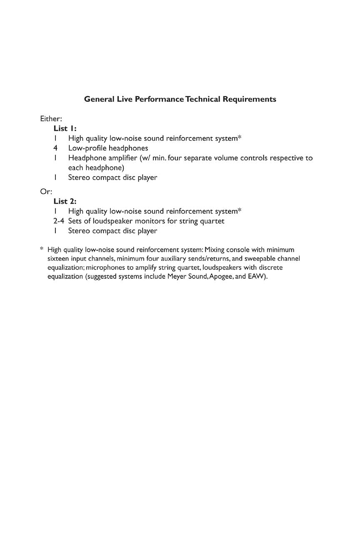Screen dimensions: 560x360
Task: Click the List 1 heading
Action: [x=65, y=128]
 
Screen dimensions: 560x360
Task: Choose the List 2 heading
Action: [x=65, y=201]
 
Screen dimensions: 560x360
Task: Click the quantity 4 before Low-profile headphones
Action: [x=55, y=148]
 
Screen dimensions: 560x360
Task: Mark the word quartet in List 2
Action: [x=212, y=221]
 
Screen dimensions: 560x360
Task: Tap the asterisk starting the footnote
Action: [x=42, y=249]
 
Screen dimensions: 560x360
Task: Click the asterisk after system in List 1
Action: [x=240, y=137]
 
